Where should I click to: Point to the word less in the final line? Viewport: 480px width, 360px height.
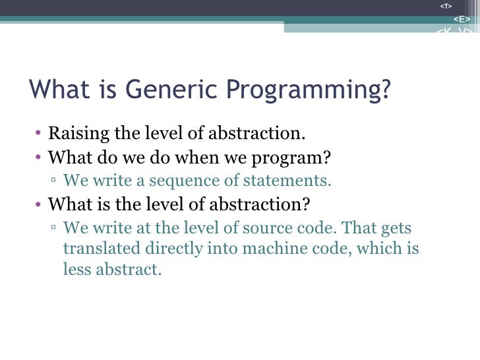(76, 270)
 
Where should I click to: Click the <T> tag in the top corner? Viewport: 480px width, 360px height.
(446, 6)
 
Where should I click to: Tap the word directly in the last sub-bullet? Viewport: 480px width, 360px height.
(170, 249)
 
